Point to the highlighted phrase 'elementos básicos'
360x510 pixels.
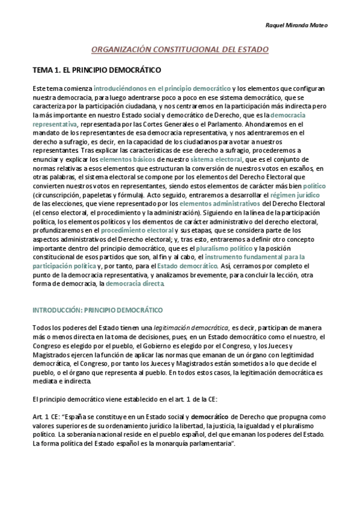coord(126,159)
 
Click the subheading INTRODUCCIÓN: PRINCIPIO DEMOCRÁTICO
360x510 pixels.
coord(97,310)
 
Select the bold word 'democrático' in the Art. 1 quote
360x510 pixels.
coord(213,416)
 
